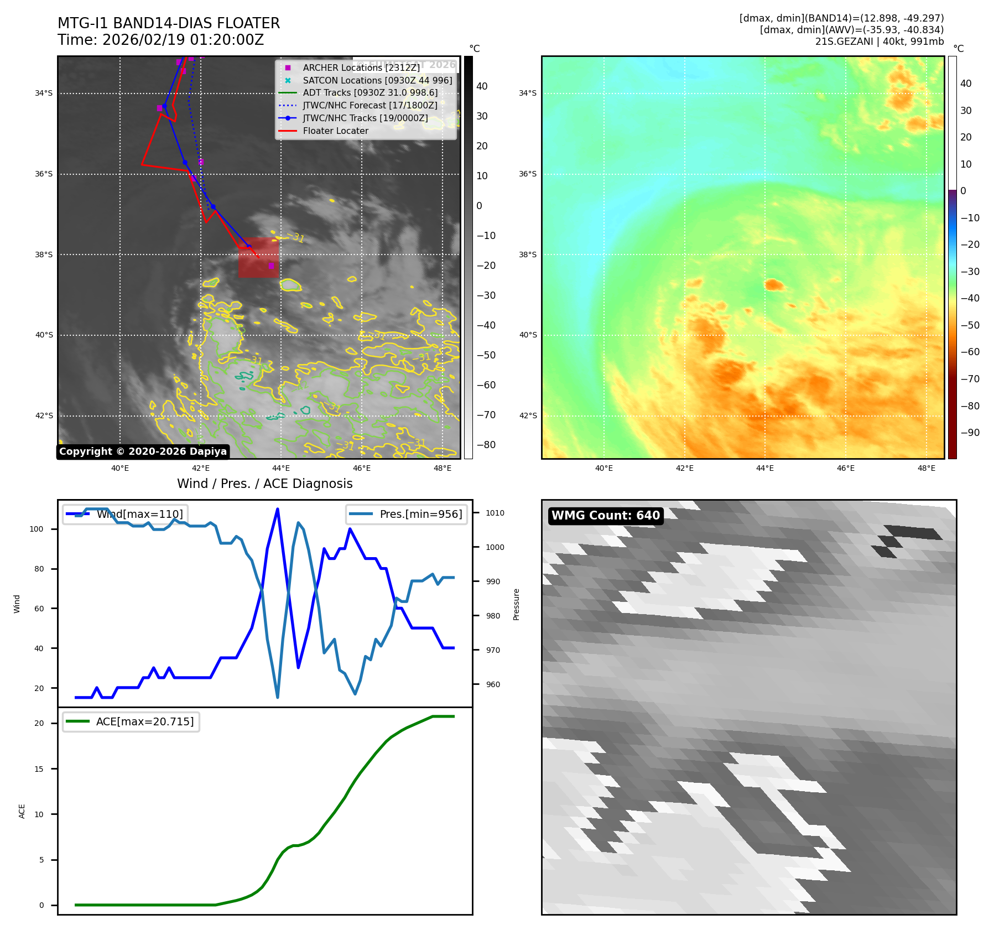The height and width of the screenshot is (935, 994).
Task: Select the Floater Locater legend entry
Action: pos(335,131)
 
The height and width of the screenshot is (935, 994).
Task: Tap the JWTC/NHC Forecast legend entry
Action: pos(370,105)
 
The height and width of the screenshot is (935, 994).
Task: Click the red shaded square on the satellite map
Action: pos(258,257)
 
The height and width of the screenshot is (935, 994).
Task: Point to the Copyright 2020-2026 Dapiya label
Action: pos(143,451)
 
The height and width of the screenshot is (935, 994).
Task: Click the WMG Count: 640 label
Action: pos(606,516)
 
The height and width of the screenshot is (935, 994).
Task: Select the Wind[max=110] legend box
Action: pos(125,514)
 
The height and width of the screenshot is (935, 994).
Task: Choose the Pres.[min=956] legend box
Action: pos(407,514)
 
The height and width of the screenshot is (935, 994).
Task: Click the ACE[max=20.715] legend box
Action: pos(131,721)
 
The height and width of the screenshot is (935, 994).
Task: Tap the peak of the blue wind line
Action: pos(277,509)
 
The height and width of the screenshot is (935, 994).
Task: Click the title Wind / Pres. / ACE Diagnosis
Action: pos(264,484)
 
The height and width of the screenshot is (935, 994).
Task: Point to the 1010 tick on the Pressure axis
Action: pos(495,513)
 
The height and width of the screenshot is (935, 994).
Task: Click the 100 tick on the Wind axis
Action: pos(37,529)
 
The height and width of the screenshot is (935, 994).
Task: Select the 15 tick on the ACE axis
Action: pos(39,769)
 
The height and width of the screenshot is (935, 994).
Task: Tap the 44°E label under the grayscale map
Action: pos(281,468)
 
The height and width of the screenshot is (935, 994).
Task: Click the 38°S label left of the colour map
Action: pos(527,254)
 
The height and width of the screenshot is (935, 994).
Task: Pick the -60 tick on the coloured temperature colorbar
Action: pos(970,352)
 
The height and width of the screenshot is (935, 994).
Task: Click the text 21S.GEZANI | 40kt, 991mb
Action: pos(879,41)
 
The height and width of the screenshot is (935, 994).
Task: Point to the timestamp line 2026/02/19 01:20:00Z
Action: pos(161,40)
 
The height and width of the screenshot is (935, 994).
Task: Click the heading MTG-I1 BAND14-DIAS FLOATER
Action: pos(169,23)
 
